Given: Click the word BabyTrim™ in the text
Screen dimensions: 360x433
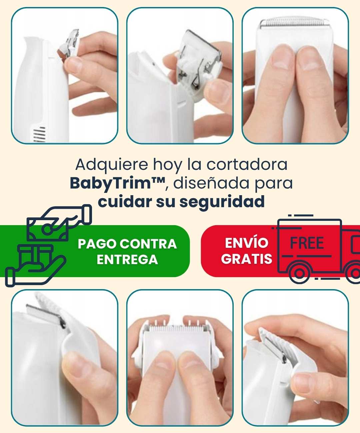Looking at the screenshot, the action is click(118, 184).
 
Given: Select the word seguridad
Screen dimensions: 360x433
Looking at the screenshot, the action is click(222, 202).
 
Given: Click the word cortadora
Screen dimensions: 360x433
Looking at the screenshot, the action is click(247, 165).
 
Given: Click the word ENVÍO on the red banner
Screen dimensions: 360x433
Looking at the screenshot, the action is click(247, 243).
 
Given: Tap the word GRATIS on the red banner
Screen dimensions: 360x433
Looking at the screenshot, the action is click(247, 259).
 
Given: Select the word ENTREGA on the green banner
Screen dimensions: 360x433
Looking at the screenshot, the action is click(127, 259).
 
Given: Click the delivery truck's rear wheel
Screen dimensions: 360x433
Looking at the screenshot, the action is click(299, 273).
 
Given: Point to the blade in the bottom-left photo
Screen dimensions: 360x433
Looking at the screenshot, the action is click(45, 314).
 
